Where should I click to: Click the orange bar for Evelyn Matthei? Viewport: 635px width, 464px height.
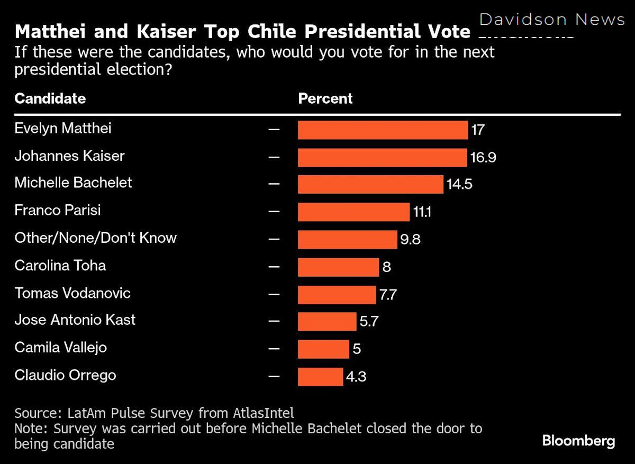pyautogui.click(x=383, y=130)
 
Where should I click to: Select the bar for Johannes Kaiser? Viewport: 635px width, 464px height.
pyautogui.click(x=382, y=157)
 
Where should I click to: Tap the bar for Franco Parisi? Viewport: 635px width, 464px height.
pyautogui.click(x=353, y=212)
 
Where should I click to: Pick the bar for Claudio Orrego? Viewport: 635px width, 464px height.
pyautogui.click(x=320, y=377)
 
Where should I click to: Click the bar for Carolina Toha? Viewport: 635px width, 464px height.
pyautogui.click(x=338, y=267)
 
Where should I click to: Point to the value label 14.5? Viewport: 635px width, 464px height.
pyautogui.click(x=459, y=185)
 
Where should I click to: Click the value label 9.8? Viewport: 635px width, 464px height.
pyautogui.click(x=410, y=240)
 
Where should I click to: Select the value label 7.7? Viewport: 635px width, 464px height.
pyautogui.click(x=388, y=295)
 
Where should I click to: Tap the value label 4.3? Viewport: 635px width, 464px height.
pyautogui.click(x=356, y=377)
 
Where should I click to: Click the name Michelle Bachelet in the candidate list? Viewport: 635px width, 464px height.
pyautogui.click(x=73, y=183)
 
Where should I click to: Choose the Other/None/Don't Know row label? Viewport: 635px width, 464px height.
pyautogui.click(x=95, y=238)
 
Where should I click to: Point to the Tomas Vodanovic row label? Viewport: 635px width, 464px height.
pyautogui.click(x=72, y=293)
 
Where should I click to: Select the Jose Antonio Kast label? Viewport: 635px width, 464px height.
pyautogui.click(x=75, y=320)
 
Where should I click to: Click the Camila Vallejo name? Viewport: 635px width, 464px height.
pyautogui.click(x=60, y=348)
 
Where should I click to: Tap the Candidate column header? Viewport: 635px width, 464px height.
pyautogui.click(x=50, y=98)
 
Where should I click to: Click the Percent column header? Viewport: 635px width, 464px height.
pyautogui.click(x=325, y=98)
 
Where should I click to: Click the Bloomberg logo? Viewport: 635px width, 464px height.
pyautogui.click(x=578, y=441)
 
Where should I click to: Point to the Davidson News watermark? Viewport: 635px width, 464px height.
pyautogui.click(x=552, y=20)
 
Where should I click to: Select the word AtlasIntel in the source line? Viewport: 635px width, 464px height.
pyautogui.click(x=263, y=413)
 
